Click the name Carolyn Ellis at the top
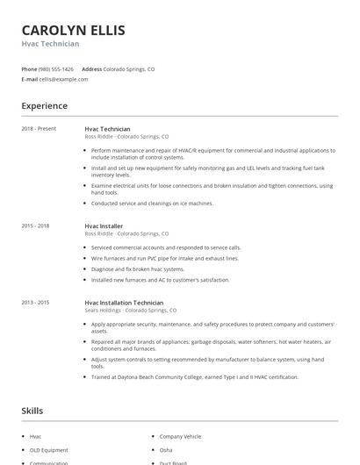tap(73, 31)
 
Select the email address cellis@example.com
tap(63, 79)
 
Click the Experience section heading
tap(44, 106)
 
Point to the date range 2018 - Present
tap(39, 129)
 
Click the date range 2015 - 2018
tap(35, 226)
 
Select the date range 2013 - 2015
tap(35, 302)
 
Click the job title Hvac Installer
tap(104, 226)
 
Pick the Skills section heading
tap(32, 410)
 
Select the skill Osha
tap(165, 449)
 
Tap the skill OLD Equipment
tap(47, 449)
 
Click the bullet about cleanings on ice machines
tap(152, 203)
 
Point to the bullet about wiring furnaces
tap(164, 258)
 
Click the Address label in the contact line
tap(91, 68)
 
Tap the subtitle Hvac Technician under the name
tap(50, 44)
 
